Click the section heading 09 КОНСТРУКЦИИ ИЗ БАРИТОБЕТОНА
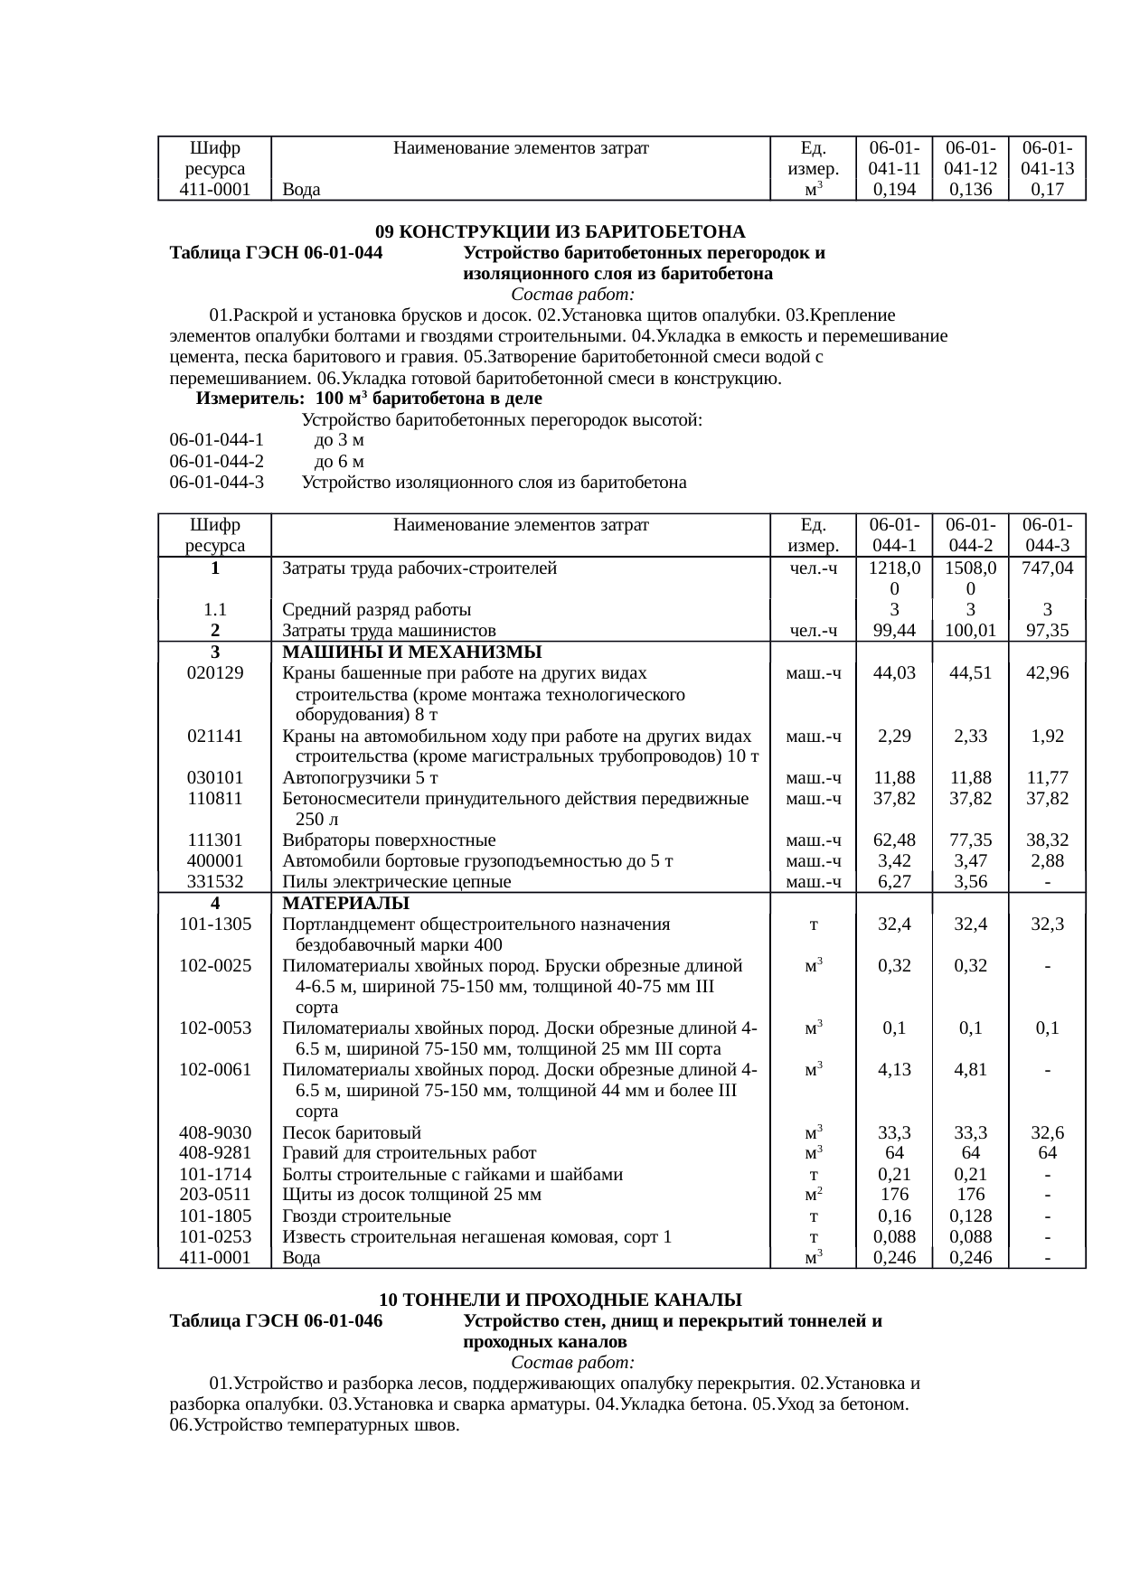(560, 231)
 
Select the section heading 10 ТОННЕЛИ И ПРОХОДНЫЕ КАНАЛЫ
(560, 1300)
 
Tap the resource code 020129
(214, 673)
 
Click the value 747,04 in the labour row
(1046, 568)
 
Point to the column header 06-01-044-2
(970, 535)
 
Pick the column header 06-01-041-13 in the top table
(1046, 158)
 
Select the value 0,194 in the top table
(894, 190)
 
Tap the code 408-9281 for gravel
(214, 1153)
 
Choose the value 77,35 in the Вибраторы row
(970, 840)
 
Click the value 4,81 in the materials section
(970, 1069)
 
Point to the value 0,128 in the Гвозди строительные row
(970, 1215)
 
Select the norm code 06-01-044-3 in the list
(216, 483)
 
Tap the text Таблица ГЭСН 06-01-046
(276, 1321)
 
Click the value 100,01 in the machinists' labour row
(970, 631)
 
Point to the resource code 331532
(214, 881)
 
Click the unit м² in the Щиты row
(813, 1195)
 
